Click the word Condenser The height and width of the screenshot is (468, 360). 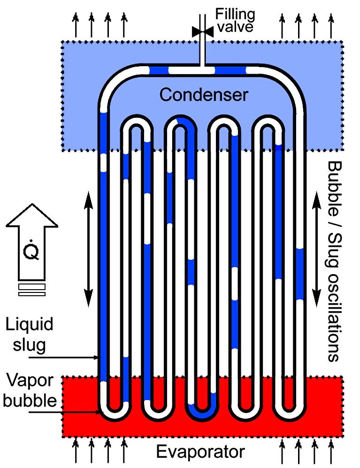203,95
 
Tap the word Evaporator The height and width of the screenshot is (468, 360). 200,453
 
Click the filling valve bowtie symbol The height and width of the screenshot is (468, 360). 202,31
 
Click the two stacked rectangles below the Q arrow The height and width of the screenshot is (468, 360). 32,290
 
